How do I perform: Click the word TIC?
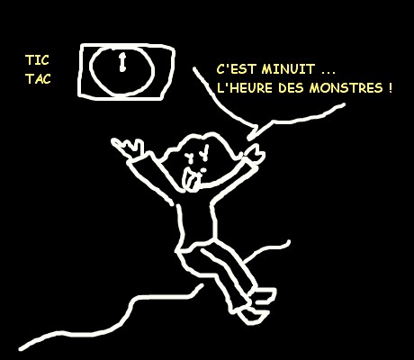point(37,60)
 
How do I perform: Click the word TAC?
point(38,79)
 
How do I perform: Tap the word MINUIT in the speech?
point(288,69)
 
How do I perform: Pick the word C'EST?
point(236,69)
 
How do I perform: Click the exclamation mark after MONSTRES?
point(390,88)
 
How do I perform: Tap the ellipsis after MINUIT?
point(328,73)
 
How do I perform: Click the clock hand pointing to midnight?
point(122,62)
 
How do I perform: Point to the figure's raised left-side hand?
point(128,148)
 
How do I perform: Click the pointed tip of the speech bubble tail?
point(248,139)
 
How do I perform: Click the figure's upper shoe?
point(263,295)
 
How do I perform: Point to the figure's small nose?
point(203,170)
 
